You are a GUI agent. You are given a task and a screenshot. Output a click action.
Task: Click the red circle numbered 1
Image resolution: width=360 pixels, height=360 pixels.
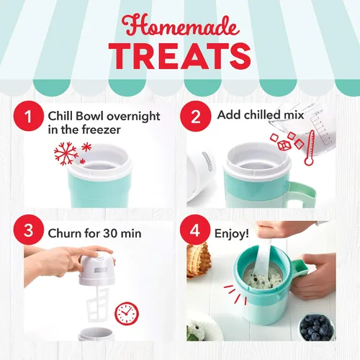(x=29, y=116)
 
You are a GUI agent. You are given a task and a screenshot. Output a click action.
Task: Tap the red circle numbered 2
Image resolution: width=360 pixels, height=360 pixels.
(x=195, y=116)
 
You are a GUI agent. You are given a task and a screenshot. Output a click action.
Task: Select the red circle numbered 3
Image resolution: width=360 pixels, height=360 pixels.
(x=29, y=230)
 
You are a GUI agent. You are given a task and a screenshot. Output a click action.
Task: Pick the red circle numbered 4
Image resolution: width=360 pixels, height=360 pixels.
(x=195, y=230)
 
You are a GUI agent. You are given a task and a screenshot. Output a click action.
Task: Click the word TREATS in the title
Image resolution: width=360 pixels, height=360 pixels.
(x=180, y=57)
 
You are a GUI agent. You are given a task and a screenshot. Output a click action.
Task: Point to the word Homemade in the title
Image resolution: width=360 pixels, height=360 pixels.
(x=181, y=27)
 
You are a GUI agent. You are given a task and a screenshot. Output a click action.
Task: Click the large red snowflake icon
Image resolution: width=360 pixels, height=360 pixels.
(x=66, y=153)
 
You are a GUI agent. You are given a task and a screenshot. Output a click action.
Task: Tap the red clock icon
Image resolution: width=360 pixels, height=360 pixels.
(x=127, y=313)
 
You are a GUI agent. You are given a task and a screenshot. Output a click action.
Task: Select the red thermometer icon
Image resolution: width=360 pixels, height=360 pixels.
(x=310, y=148)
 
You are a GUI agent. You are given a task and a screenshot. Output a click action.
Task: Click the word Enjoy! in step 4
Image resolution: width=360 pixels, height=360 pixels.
(x=231, y=233)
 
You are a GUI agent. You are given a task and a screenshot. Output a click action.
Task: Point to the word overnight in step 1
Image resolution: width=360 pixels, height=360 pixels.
(x=133, y=117)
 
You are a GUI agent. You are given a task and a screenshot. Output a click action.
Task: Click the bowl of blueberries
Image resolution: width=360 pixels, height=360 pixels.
(x=317, y=327)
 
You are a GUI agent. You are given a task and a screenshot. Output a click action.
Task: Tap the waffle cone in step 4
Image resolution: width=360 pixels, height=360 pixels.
(x=198, y=261)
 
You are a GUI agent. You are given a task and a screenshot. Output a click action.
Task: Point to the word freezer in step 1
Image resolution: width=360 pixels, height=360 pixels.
(x=101, y=130)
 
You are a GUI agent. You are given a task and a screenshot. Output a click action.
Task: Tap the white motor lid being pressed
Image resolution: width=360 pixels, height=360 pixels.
(x=97, y=270)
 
